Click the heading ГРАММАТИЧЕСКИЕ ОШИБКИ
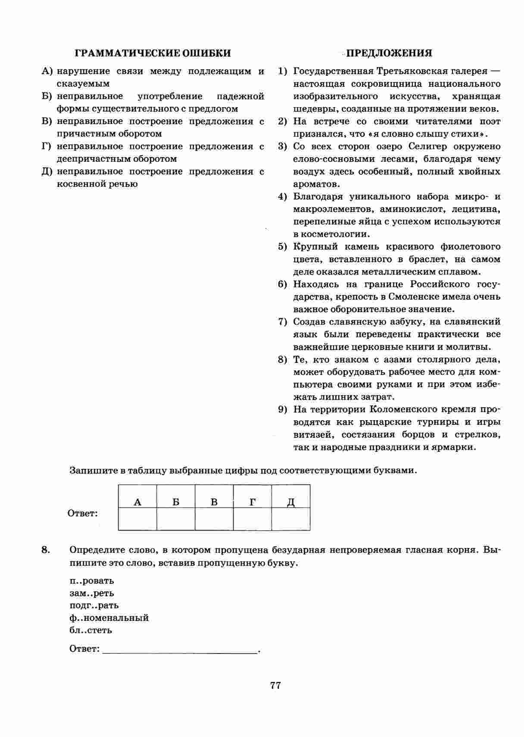(x=153, y=53)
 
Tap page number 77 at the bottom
(x=276, y=685)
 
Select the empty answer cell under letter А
(x=137, y=519)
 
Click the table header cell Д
(x=291, y=502)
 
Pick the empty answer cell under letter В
(x=214, y=519)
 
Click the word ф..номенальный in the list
(x=109, y=618)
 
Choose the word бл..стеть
(x=90, y=630)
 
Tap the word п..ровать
(x=91, y=580)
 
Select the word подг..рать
(x=94, y=605)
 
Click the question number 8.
(x=46, y=550)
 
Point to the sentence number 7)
(x=283, y=322)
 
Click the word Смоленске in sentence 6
(x=413, y=297)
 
